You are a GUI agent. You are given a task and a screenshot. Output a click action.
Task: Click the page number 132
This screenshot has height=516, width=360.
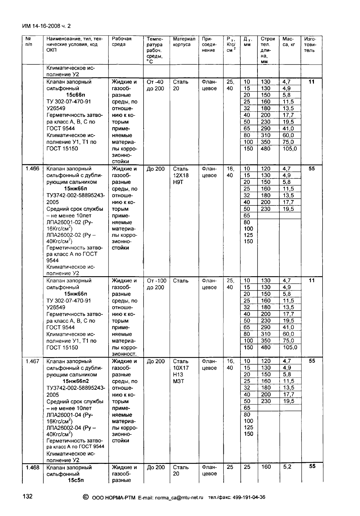tap(27, 496)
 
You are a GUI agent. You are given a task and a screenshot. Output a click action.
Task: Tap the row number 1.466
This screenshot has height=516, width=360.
tap(32, 169)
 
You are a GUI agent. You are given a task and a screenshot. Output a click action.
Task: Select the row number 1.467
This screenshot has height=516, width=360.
tap(32, 361)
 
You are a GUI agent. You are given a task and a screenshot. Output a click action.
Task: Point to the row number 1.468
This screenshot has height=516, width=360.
tap(32, 467)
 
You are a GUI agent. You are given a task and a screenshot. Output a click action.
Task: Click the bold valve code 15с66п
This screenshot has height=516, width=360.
tap(76, 95)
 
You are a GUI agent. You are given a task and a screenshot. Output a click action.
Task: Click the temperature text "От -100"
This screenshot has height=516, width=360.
tap(156, 281)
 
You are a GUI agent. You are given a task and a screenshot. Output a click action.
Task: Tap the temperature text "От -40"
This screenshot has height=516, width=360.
tap(155, 82)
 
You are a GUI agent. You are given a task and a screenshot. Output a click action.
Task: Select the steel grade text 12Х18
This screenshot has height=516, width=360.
tap(181, 175)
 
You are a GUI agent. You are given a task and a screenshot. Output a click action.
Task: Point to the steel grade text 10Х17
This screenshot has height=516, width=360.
tap(181, 368)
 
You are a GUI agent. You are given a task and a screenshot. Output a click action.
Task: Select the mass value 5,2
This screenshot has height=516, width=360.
tap(287, 467)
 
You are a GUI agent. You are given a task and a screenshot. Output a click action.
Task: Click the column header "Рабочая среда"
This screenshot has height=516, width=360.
tap(122, 41)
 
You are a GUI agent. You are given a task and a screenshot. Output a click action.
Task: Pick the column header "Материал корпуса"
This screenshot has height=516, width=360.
tap(184, 41)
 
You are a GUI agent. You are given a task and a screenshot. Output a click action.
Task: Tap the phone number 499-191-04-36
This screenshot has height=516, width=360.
tap(246, 497)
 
